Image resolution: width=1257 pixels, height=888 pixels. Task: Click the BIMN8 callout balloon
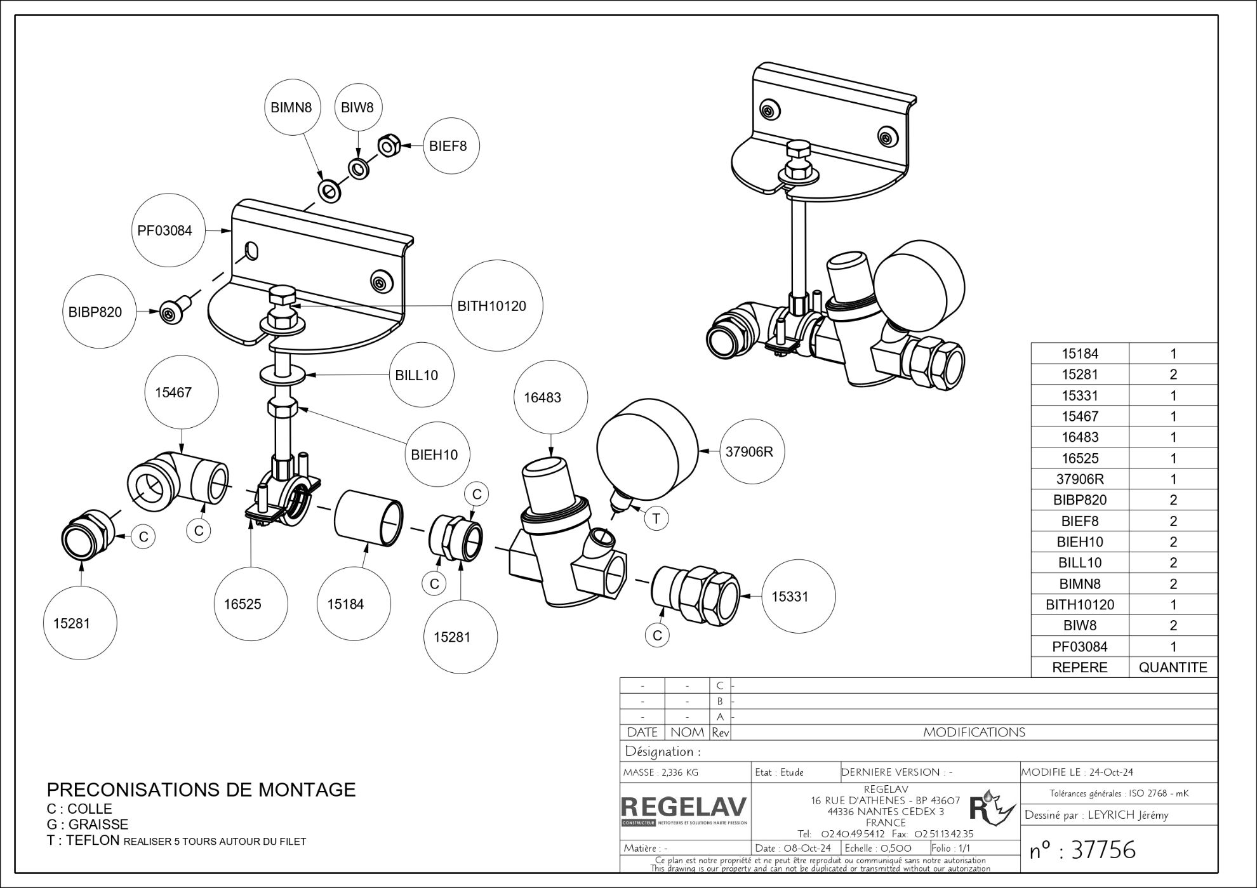click(x=291, y=107)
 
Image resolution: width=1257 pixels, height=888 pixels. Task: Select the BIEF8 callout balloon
click(x=451, y=146)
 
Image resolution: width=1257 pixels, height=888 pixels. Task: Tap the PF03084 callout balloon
click(x=165, y=230)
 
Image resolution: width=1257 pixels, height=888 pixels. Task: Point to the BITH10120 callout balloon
click(x=491, y=306)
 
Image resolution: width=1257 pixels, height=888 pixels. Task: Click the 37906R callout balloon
click(x=750, y=452)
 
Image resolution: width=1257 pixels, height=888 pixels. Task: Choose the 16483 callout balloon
click(x=542, y=398)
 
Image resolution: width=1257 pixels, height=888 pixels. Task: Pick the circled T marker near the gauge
click(x=656, y=518)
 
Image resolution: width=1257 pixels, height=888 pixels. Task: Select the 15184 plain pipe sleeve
click(x=368, y=518)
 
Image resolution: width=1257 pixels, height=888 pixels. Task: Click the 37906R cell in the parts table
click(x=1079, y=479)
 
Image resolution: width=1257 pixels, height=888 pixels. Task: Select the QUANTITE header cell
click(x=1173, y=667)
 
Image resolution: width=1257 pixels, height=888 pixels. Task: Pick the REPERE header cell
click(x=1079, y=667)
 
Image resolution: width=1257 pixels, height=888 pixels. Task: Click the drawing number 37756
click(x=1103, y=849)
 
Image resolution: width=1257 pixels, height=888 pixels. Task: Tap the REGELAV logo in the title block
click(x=684, y=809)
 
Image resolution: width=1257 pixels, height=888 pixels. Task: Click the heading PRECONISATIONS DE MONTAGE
click(x=201, y=790)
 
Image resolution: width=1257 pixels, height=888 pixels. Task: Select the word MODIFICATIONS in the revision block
click(x=974, y=732)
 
